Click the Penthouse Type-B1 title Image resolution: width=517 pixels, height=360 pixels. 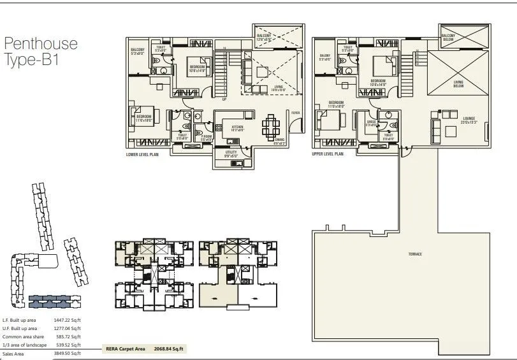(41, 52)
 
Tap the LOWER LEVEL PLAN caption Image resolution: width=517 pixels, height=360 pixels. (143, 154)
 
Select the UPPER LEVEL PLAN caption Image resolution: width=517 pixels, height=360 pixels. (328, 154)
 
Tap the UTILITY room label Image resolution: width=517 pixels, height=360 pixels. (230, 152)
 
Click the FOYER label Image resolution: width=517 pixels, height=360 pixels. (295, 113)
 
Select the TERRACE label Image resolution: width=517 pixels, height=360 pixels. (415, 254)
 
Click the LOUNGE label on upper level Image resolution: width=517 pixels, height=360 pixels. (469, 118)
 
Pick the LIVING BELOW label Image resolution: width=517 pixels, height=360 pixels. (458, 83)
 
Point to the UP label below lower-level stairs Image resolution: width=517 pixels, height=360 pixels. (224, 99)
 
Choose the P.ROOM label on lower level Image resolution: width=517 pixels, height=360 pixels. (207, 136)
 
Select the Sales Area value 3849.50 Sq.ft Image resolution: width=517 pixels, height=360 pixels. (68, 353)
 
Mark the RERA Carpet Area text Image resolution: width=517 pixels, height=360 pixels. (127, 349)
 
